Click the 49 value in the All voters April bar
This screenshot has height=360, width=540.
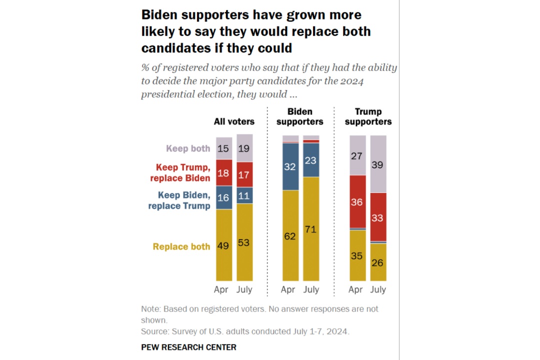(x=223, y=246)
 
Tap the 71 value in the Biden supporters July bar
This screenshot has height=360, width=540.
(x=311, y=230)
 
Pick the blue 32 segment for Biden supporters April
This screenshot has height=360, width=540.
(x=290, y=167)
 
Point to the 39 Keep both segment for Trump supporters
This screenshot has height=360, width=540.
(x=378, y=164)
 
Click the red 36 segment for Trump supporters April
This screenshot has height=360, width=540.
(x=357, y=202)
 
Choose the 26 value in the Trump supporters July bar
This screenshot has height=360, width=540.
(x=378, y=262)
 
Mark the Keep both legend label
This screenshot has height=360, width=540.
(x=188, y=148)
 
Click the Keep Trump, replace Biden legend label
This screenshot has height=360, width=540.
(x=183, y=172)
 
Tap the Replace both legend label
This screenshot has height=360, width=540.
(x=181, y=246)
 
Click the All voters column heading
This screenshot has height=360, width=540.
(x=234, y=121)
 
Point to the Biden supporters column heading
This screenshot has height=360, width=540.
(x=300, y=116)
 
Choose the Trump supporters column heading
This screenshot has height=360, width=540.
(x=368, y=116)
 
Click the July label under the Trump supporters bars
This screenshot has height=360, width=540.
(x=378, y=289)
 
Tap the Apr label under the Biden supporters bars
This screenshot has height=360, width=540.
(x=288, y=289)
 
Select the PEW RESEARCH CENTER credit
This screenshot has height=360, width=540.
(x=188, y=347)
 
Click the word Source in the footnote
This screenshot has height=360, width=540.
(x=154, y=331)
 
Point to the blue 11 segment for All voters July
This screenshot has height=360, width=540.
(x=244, y=195)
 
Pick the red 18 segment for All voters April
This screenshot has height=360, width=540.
(x=223, y=173)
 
